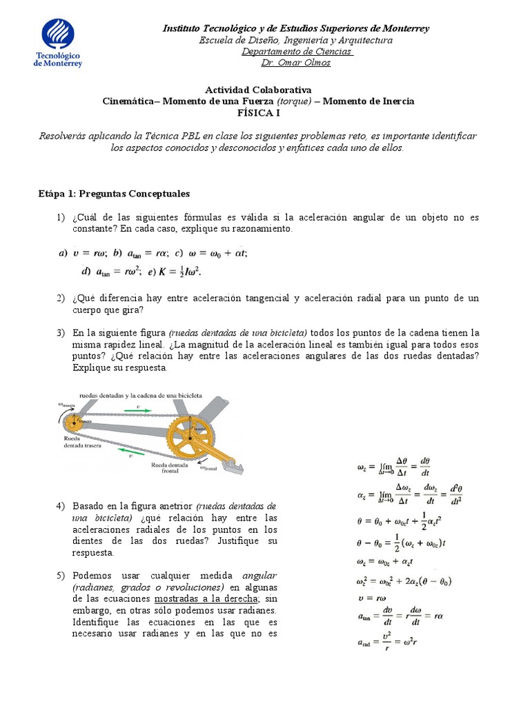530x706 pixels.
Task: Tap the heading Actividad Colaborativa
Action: [x=258, y=90]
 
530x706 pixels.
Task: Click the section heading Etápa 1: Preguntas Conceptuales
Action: [x=113, y=194]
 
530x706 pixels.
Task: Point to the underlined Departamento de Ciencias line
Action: [x=297, y=52]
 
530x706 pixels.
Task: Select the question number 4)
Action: [x=61, y=506]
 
